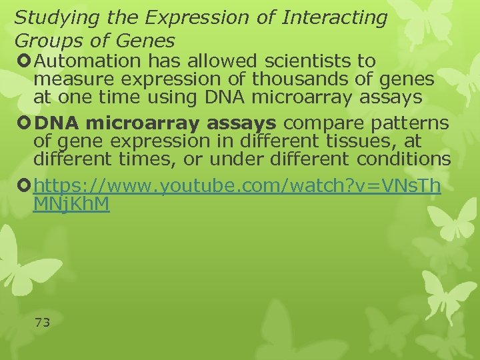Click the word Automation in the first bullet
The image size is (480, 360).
(80, 61)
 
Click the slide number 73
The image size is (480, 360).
(42, 323)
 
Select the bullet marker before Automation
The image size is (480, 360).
(25, 61)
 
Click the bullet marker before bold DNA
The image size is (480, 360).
(25, 123)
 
